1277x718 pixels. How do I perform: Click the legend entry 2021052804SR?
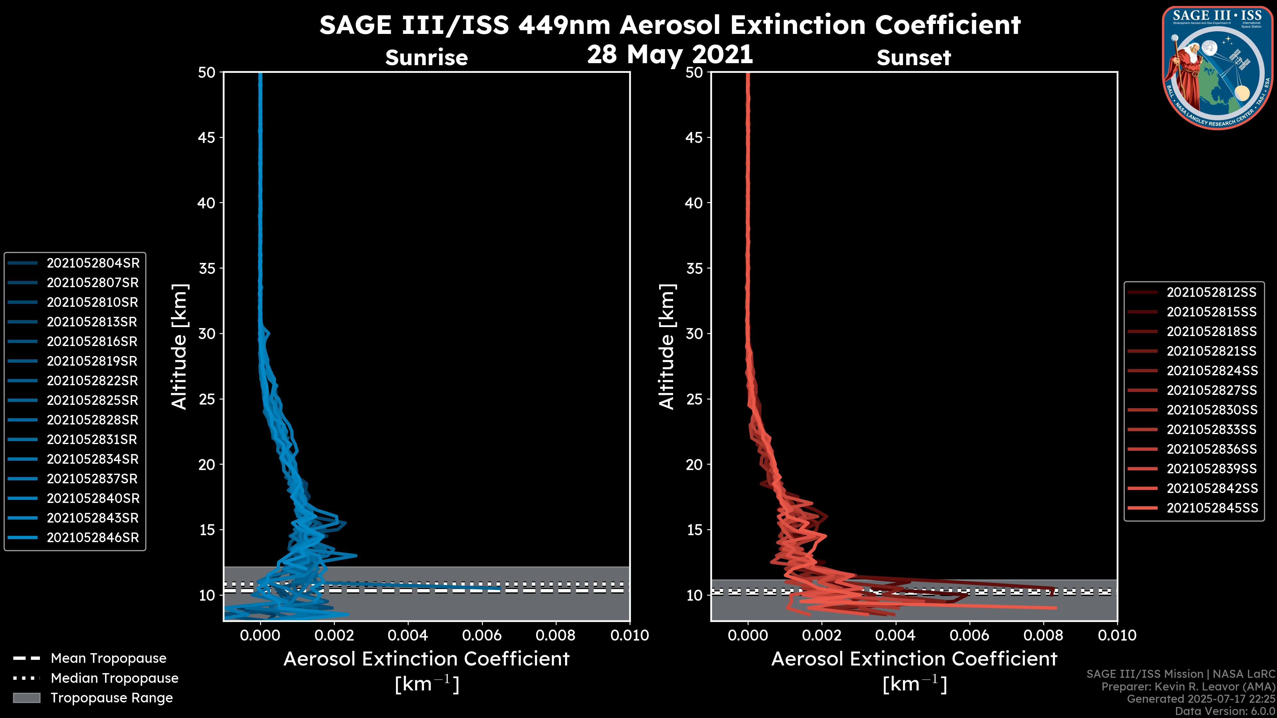click(93, 263)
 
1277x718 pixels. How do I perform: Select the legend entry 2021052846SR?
click(93, 538)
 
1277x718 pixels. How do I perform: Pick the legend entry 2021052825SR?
click(93, 400)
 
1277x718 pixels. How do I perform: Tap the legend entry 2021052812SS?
click(1211, 293)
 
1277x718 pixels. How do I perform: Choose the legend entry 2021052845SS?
click(1211, 508)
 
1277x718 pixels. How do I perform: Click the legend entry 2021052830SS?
click(1211, 410)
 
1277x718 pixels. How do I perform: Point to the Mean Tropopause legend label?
click(108, 658)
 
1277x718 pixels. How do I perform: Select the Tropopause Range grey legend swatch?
click(26, 698)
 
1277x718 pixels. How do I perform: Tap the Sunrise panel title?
click(426, 58)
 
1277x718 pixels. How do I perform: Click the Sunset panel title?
click(914, 58)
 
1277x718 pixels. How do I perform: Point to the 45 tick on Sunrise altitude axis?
click(207, 138)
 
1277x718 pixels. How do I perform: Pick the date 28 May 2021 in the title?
click(670, 55)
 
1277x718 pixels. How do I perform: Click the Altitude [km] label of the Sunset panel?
click(667, 347)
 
